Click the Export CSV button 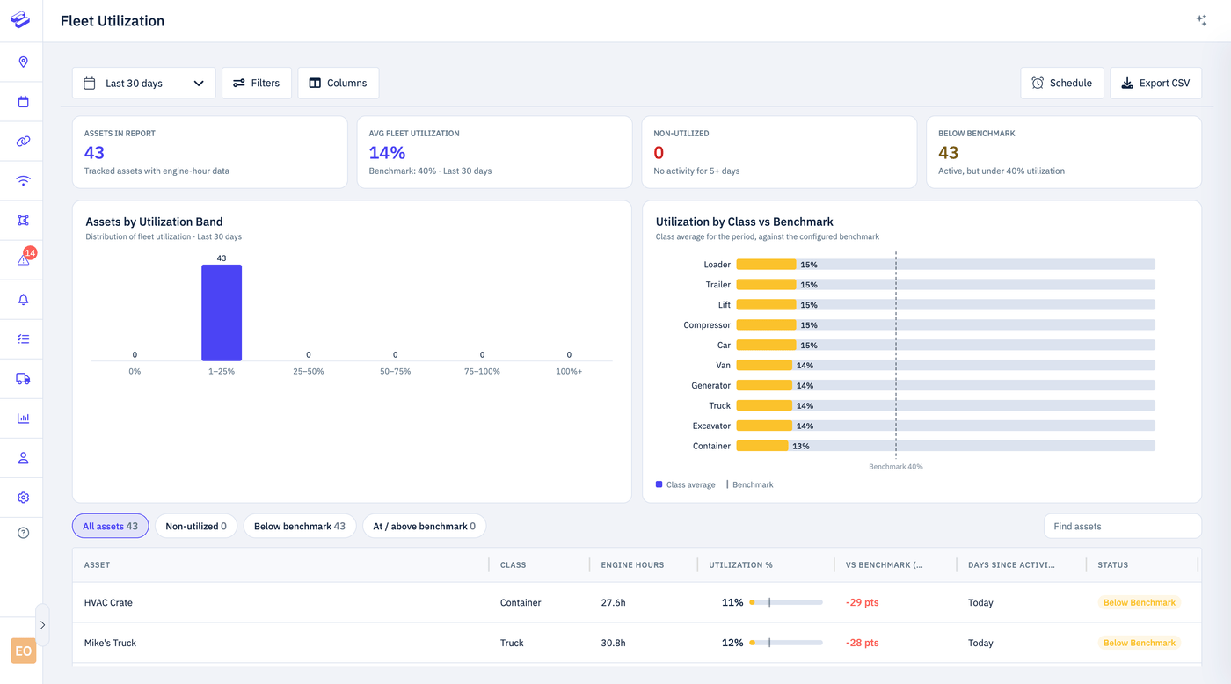coord(1155,83)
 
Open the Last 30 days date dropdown coord(144,83)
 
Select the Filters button coord(257,83)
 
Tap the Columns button coord(338,83)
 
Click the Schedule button coord(1062,83)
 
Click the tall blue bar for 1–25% coord(222,313)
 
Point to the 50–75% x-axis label coord(395,371)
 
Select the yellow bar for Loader coord(766,265)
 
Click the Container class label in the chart coord(711,446)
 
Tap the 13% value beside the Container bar coord(801,446)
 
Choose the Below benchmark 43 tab coord(300,526)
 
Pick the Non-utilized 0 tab coord(195,526)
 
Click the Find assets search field coord(1122,526)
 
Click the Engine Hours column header coord(632,564)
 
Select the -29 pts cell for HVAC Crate coord(862,602)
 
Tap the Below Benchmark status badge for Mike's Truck coord(1140,643)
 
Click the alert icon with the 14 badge coord(24,258)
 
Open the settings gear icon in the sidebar coord(23,498)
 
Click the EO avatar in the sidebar coord(23,651)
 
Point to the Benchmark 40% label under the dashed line coord(895,467)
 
